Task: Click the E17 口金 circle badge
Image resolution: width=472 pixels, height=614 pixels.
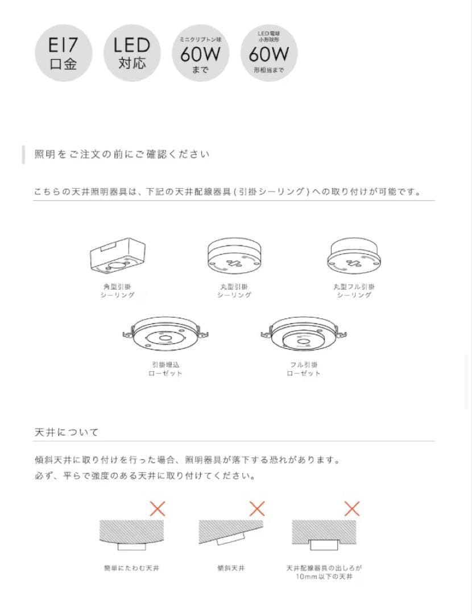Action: click(63, 54)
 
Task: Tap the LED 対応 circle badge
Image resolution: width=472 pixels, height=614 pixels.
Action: click(132, 54)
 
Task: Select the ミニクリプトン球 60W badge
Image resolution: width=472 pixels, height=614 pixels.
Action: click(200, 54)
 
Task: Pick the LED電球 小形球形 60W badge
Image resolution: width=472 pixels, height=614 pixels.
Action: click(269, 54)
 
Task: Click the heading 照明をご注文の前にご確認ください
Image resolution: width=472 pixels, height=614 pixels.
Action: click(122, 155)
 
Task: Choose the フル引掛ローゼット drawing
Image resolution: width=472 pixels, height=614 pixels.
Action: click(303, 336)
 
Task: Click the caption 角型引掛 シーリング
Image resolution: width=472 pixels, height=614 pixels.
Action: click(116, 291)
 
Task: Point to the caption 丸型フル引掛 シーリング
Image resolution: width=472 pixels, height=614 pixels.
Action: click(354, 291)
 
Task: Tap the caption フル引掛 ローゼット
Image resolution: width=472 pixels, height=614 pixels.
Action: click(303, 368)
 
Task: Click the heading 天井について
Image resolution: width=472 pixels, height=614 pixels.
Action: click(67, 433)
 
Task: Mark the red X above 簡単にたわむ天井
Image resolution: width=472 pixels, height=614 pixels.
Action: click(157, 508)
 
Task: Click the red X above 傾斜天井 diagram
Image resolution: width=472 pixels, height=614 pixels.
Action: click(257, 508)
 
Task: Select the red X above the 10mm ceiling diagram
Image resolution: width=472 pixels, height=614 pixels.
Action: click(353, 508)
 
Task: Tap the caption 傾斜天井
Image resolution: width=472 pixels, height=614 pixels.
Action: click(231, 568)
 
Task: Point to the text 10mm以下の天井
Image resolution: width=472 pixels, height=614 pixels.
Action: click(324, 577)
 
